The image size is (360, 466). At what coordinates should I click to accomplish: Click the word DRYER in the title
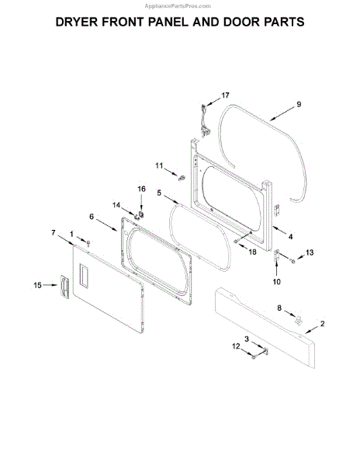77,22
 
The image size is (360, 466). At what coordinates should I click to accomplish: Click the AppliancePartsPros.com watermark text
178,6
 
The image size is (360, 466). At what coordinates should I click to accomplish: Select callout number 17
225,96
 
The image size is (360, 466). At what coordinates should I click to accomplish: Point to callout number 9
299,104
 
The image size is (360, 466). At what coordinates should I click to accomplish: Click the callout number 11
159,165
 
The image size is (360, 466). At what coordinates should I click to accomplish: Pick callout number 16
141,189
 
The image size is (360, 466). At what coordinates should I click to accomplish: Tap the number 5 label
159,193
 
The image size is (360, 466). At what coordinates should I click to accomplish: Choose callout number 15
37,285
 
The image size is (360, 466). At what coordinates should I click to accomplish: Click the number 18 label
252,252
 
